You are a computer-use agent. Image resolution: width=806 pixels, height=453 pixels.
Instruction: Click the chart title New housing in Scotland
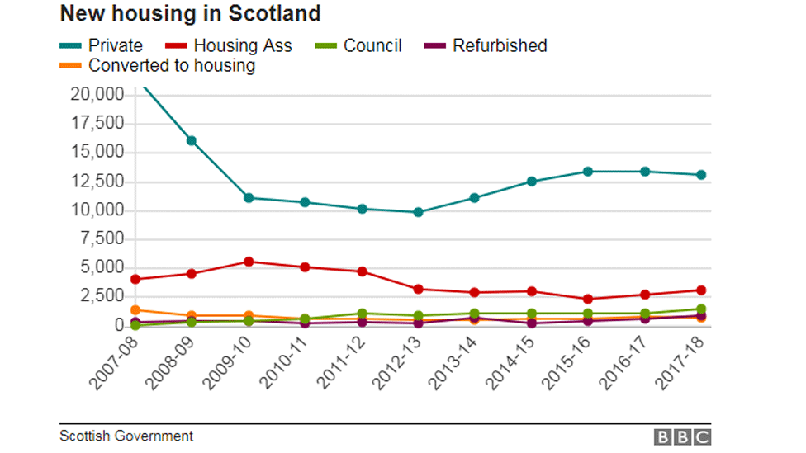click(x=190, y=14)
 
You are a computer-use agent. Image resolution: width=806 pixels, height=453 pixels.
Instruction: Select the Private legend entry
click(x=102, y=46)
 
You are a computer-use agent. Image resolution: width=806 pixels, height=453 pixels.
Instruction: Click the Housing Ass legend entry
click(x=230, y=46)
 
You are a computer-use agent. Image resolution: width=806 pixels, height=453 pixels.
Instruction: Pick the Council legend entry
click(x=359, y=46)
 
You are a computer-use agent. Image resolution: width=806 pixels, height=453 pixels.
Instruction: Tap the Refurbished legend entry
click(x=486, y=46)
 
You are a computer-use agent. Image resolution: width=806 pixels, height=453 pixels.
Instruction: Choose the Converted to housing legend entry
click(x=159, y=66)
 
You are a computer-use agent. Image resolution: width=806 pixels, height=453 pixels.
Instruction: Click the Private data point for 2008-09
click(x=192, y=140)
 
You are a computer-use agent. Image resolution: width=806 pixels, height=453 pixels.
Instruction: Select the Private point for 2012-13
click(x=418, y=212)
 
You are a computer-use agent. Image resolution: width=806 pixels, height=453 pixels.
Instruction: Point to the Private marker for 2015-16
click(x=588, y=172)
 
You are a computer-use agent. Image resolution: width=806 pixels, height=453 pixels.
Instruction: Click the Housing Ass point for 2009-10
click(x=249, y=262)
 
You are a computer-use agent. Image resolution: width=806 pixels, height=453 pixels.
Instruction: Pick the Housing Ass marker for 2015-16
click(x=588, y=300)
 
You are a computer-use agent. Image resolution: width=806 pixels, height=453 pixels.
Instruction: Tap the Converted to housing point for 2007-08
click(x=135, y=310)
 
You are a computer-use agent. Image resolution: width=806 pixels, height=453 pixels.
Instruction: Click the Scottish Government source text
click(x=126, y=436)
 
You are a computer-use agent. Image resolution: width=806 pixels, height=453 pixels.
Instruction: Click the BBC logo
click(x=682, y=436)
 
